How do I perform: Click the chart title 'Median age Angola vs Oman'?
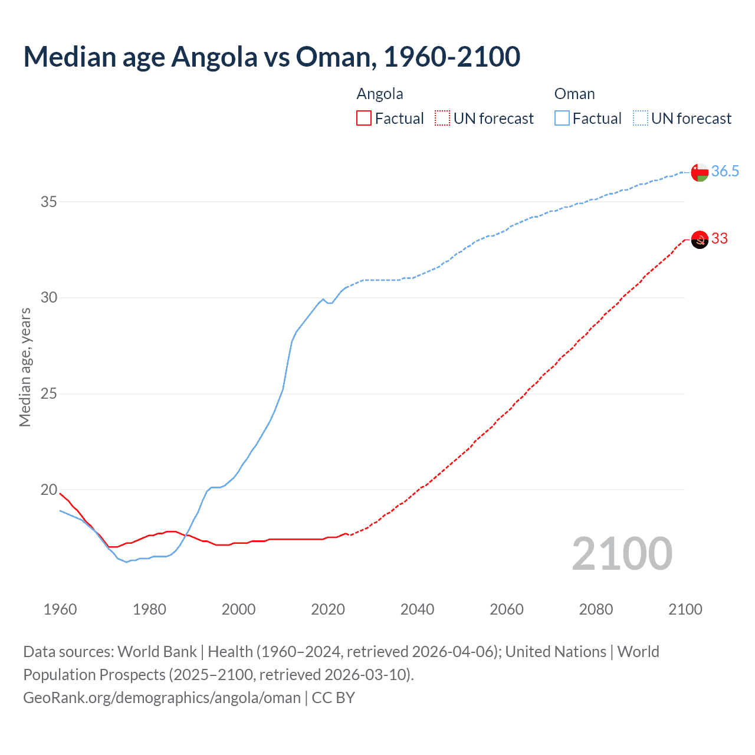pyautogui.click(x=271, y=57)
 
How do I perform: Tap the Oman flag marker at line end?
pyautogui.click(x=700, y=172)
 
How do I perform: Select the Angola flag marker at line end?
pyautogui.click(x=700, y=239)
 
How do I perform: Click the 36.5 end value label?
pyautogui.click(x=725, y=171)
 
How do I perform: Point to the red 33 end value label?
pyautogui.click(x=720, y=238)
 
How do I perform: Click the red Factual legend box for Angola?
pyautogui.click(x=364, y=119)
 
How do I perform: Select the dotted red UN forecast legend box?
pyautogui.click(x=442, y=119)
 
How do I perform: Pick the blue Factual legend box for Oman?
pyautogui.click(x=562, y=119)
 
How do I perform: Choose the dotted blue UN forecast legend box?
pyautogui.click(x=641, y=119)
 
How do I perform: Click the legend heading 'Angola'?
pyautogui.click(x=380, y=94)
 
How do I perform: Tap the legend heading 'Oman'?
pyautogui.click(x=575, y=94)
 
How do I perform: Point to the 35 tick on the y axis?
pyautogui.click(x=49, y=202)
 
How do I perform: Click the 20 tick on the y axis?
pyautogui.click(x=49, y=490)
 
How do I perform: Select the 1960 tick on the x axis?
pyautogui.click(x=60, y=609)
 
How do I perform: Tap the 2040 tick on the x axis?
pyautogui.click(x=417, y=609)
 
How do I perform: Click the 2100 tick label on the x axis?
pyautogui.click(x=685, y=609)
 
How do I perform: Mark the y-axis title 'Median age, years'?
pyautogui.click(x=25, y=367)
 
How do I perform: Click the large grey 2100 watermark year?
pyautogui.click(x=622, y=553)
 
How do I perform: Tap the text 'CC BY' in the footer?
pyautogui.click(x=333, y=698)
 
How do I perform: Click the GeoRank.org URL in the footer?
pyautogui.click(x=162, y=698)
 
